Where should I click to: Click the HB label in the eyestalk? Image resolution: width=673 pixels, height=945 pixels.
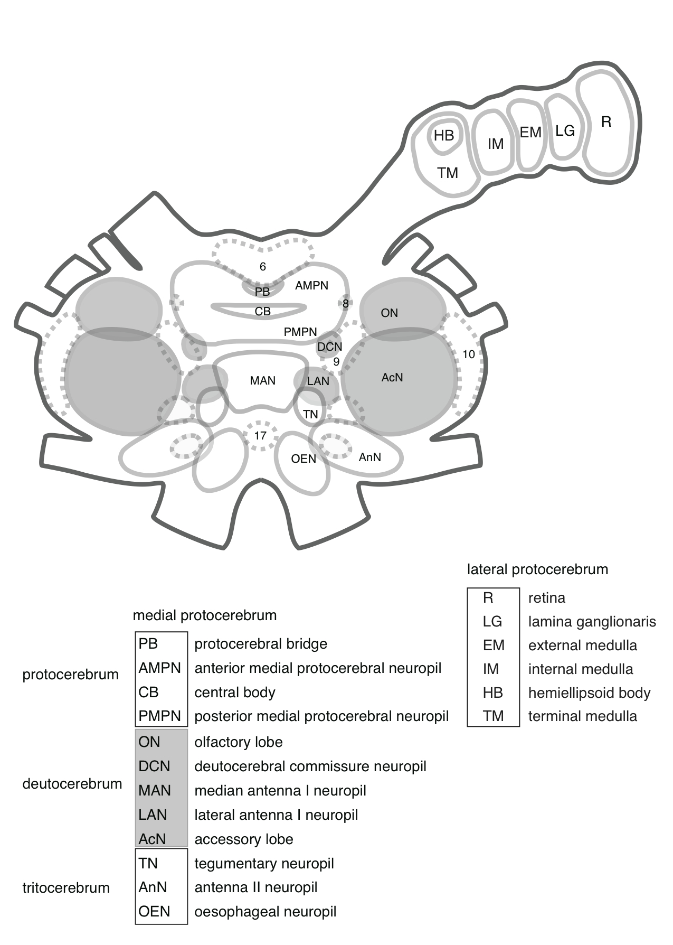[x=443, y=136]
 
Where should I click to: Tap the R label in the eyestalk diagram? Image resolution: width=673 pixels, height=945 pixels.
[x=606, y=122]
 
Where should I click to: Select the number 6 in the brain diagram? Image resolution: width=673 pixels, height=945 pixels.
[x=263, y=267]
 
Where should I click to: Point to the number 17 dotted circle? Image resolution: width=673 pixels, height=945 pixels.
[x=260, y=436]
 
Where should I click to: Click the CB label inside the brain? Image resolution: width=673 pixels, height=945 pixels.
[x=262, y=312]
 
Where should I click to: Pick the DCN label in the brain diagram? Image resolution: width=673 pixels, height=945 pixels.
[x=329, y=347]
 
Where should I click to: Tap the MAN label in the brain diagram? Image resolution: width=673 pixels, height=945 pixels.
[x=262, y=380]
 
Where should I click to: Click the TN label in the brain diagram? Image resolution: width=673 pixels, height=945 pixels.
[x=310, y=414]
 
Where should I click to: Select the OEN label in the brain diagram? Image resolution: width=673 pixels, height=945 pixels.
[x=304, y=459]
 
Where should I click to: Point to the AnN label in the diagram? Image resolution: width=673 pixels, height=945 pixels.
[x=369, y=457]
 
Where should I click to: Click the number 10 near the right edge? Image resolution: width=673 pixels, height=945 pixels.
[x=468, y=354]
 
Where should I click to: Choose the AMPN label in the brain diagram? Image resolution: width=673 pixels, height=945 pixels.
[x=311, y=286]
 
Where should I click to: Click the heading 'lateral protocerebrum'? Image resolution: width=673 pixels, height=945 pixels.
[x=537, y=569]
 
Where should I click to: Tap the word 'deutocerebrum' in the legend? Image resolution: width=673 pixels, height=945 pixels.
[x=72, y=784]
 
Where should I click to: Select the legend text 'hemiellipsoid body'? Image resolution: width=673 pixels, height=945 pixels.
[x=589, y=693]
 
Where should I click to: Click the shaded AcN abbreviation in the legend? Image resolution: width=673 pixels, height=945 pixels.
[x=152, y=839]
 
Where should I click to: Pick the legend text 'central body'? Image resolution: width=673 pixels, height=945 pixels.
[x=235, y=693]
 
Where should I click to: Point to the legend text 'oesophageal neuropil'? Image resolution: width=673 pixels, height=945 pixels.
[x=265, y=912]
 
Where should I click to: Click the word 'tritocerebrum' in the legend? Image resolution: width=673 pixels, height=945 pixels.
[x=66, y=888]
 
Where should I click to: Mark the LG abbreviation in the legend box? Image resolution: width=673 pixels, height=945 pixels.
[x=492, y=622]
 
